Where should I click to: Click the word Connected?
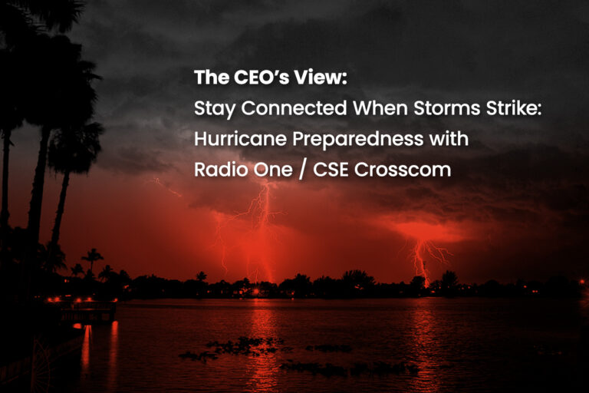point(294,108)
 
